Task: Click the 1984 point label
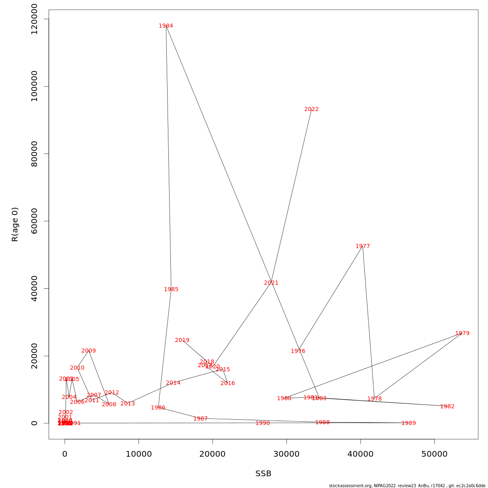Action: (x=166, y=26)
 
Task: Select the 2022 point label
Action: (x=312, y=109)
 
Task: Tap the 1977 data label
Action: (x=363, y=246)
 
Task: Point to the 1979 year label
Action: (x=462, y=333)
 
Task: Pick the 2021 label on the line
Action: (x=271, y=283)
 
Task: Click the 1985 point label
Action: (x=171, y=290)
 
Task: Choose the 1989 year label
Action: (x=409, y=423)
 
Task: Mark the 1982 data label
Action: (x=447, y=407)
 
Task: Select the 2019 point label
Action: (x=182, y=340)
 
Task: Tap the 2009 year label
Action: (x=89, y=351)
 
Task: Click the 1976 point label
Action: (x=298, y=351)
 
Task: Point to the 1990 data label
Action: (x=263, y=423)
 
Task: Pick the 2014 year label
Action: (x=173, y=383)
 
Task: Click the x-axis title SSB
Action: (x=264, y=474)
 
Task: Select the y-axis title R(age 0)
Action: (x=15, y=224)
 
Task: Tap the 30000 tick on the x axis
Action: (x=287, y=454)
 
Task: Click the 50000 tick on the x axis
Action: (x=435, y=454)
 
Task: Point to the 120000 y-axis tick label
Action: (x=34, y=19)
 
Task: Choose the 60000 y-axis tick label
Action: (x=34, y=221)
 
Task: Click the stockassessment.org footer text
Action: (x=407, y=486)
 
